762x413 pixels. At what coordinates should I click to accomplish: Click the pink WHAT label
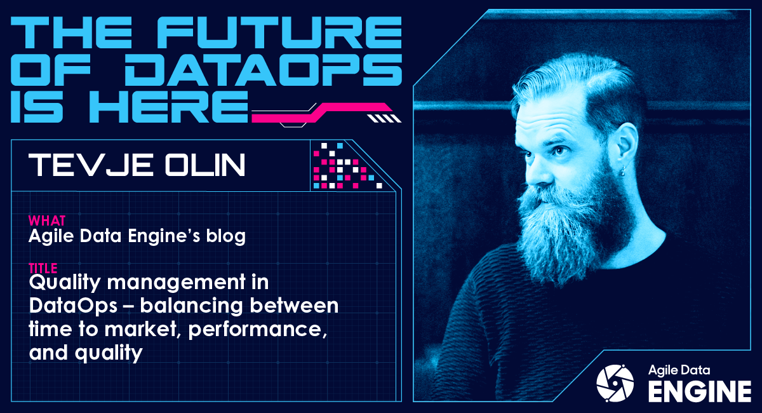pyautogui.click(x=46, y=221)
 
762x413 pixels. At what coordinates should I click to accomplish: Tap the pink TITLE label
pyautogui.click(x=44, y=267)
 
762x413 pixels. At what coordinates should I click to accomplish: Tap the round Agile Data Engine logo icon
pyautogui.click(x=615, y=383)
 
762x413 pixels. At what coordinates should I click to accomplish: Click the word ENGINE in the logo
pyautogui.click(x=699, y=390)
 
